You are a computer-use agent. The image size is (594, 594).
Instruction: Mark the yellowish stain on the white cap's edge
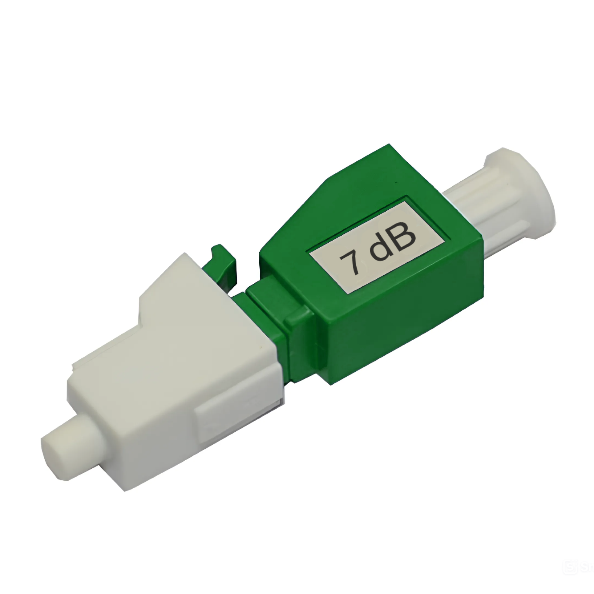click(261, 347)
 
